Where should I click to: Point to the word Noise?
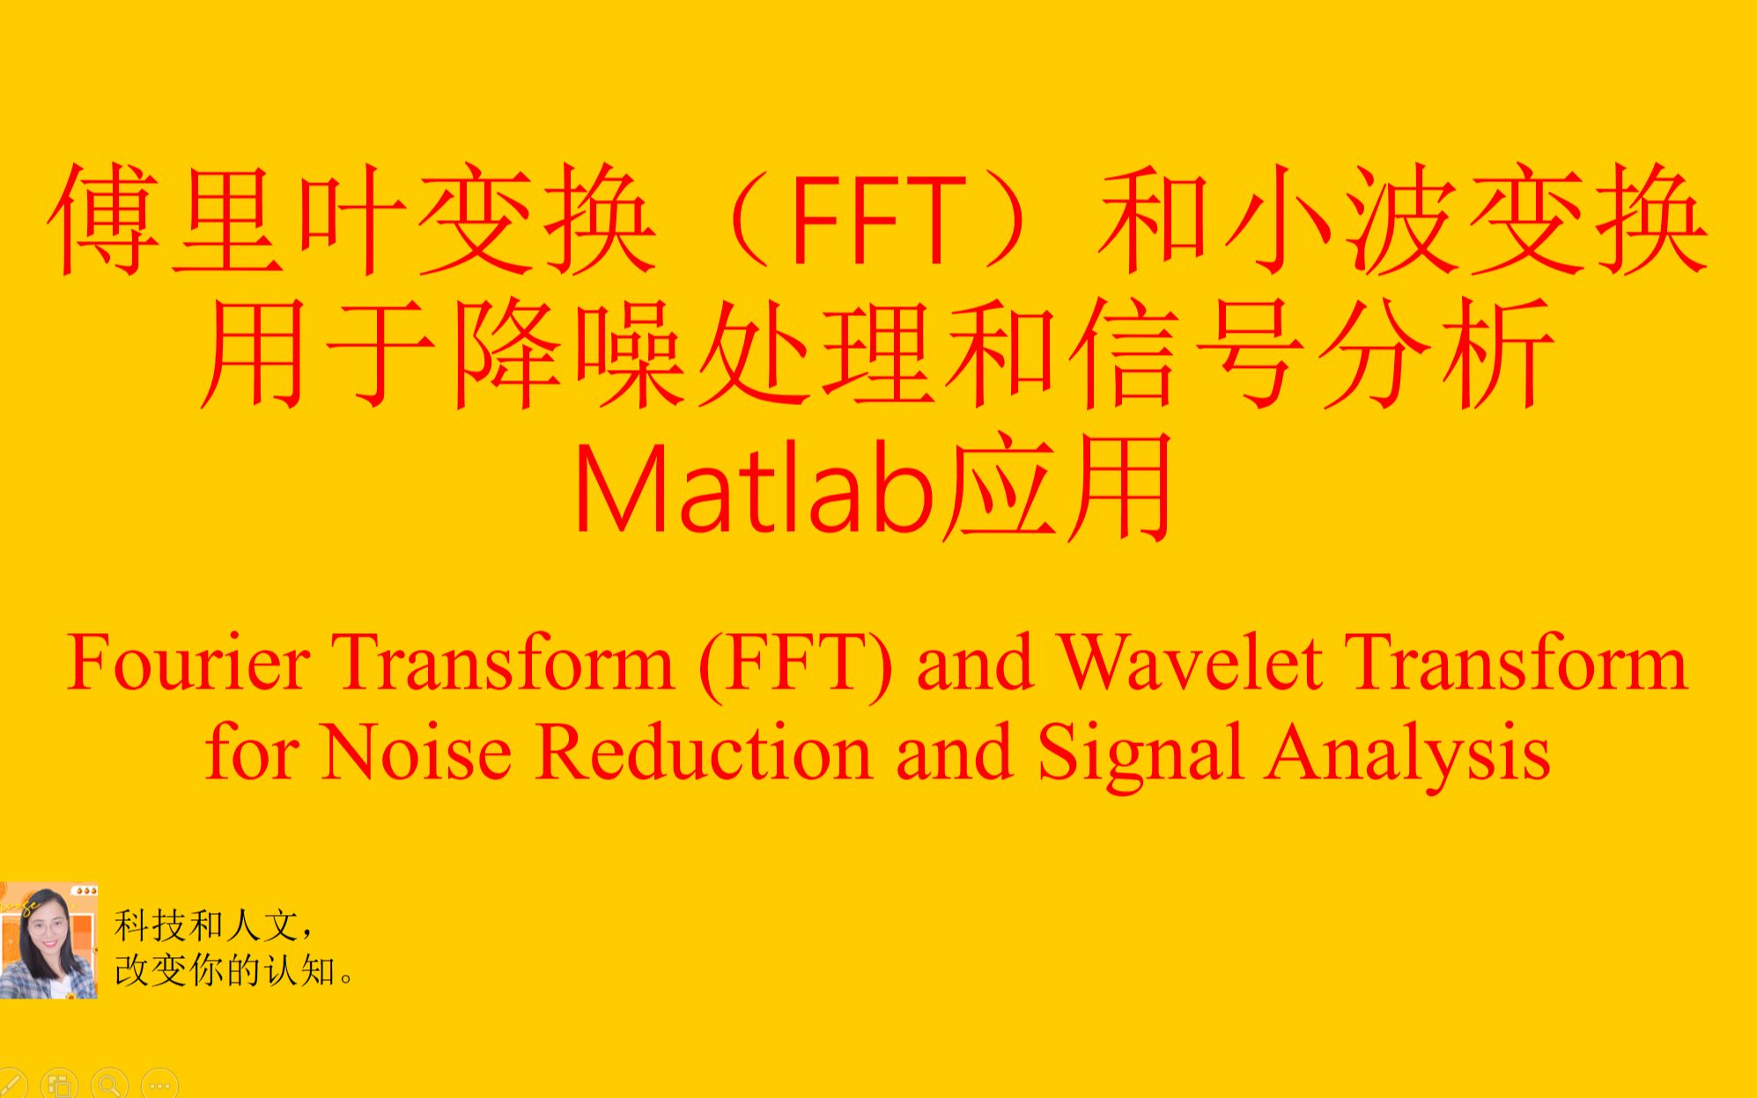417,754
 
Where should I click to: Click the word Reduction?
703,754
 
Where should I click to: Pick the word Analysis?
1407,754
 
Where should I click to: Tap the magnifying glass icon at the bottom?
109,1086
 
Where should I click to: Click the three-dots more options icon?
159,1086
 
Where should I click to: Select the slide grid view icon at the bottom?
60,1086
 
